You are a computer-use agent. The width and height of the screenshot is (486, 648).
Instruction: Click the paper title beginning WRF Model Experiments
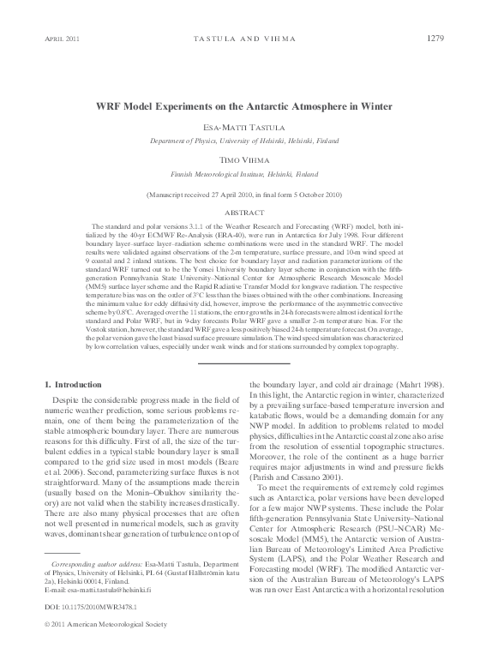[x=243, y=106]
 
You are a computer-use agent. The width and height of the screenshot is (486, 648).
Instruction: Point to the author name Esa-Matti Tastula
[x=243, y=126]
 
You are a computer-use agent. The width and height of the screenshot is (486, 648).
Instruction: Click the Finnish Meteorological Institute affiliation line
[x=243, y=172]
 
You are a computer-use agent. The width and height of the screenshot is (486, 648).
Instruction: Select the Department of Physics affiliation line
[x=243, y=139]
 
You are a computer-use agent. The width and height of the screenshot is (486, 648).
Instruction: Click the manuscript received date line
[x=243, y=195]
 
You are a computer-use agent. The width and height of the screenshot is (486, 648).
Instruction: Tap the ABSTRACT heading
[x=243, y=212]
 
